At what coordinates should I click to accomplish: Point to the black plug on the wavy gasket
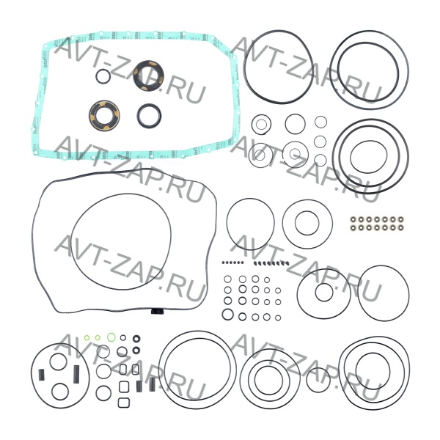pyautogui.click(x=157, y=311)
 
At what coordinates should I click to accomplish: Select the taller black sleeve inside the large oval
pyautogui.click(x=76, y=374)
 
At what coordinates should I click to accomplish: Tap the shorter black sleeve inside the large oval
pyautogui.click(x=41, y=375)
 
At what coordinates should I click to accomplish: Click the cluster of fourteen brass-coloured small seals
pyautogui.click(x=377, y=224)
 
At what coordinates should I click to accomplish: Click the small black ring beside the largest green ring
pyautogui.click(x=123, y=337)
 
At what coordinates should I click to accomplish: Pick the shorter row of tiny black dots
pyautogui.click(x=232, y=263)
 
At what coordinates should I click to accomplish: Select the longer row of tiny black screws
pyautogui.click(x=271, y=263)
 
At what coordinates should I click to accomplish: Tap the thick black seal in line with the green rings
pyautogui.click(x=136, y=339)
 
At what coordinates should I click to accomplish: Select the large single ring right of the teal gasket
pyautogui.click(x=243, y=67)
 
